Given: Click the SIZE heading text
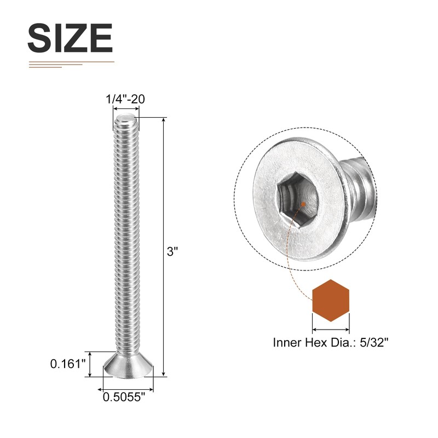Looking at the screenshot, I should [x=70, y=38].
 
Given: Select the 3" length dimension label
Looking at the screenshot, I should [x=172, y=252].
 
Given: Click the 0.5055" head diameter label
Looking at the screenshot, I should [x=124, y=399].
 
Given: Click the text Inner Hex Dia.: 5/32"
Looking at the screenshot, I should [x=331, y=343].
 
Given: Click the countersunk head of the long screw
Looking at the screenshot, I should [x=128, y=365].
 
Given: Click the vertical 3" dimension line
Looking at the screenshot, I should [x=163, y=246].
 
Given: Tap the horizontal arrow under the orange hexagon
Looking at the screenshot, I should [x=331, y=330].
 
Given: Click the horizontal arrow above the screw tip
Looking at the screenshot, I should [x=126, y=109].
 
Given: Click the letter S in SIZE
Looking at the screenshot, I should [x=39, y=38].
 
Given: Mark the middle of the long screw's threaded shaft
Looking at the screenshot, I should [x=126, y=235].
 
